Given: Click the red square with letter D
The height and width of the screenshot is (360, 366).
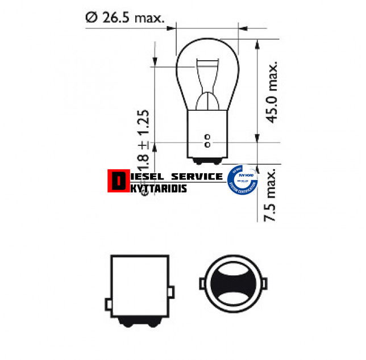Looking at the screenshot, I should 117,181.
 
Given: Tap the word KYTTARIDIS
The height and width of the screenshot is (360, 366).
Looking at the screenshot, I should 156,188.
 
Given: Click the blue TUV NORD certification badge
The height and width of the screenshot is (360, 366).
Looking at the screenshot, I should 242,180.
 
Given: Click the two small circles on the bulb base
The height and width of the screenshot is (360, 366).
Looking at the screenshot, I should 207,140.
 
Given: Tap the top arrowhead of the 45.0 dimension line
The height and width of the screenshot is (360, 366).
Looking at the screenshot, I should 259,43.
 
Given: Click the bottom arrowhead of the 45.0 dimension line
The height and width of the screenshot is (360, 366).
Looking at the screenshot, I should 259,138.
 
